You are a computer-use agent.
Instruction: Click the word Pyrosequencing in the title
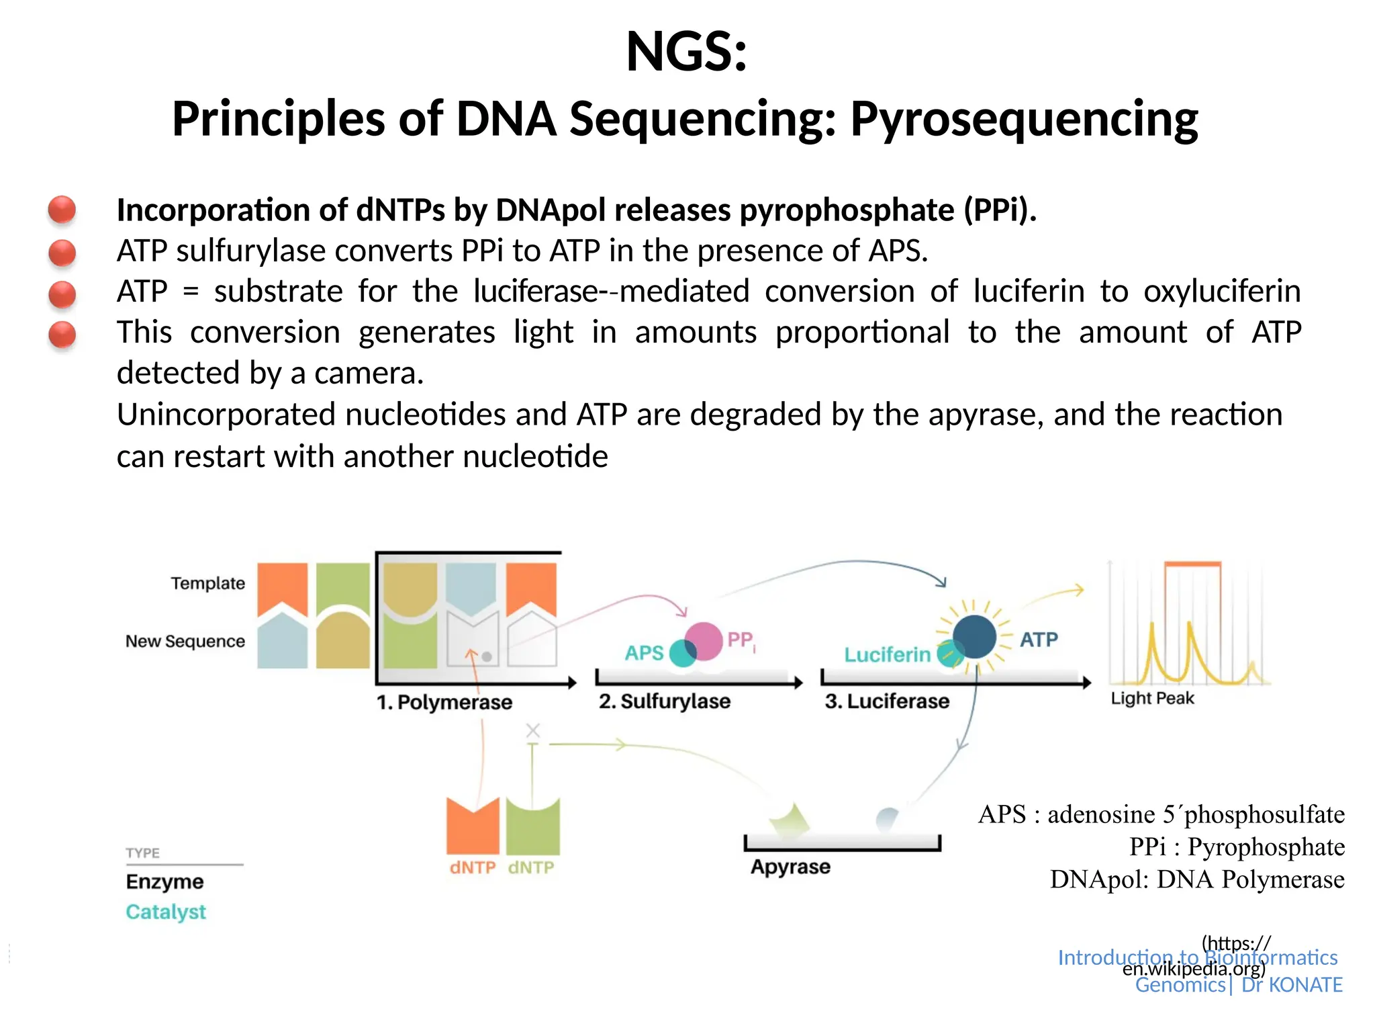(1024, 120)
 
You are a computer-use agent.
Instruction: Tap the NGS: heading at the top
(686, 52)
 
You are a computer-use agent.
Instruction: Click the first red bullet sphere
(62, 210)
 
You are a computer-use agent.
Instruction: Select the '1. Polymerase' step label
(444, 702)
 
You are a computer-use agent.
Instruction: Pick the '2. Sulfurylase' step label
(665, 701)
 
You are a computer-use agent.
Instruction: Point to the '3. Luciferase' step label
(887, 701)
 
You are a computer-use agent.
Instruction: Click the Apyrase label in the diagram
(790, 867)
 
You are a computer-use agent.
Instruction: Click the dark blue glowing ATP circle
(974, 637)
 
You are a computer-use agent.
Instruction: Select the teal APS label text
(644, 652)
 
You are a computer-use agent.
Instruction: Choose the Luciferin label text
(887, 654)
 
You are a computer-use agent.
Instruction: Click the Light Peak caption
(1152, 699)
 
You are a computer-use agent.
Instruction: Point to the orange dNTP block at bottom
(473, 826)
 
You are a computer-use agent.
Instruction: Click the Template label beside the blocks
(207, 583)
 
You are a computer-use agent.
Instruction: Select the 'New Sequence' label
(185, 641)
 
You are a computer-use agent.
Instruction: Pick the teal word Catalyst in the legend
(166, 912)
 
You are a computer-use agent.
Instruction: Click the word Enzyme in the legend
(164, 881)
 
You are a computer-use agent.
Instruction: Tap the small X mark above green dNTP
(533, 730)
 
